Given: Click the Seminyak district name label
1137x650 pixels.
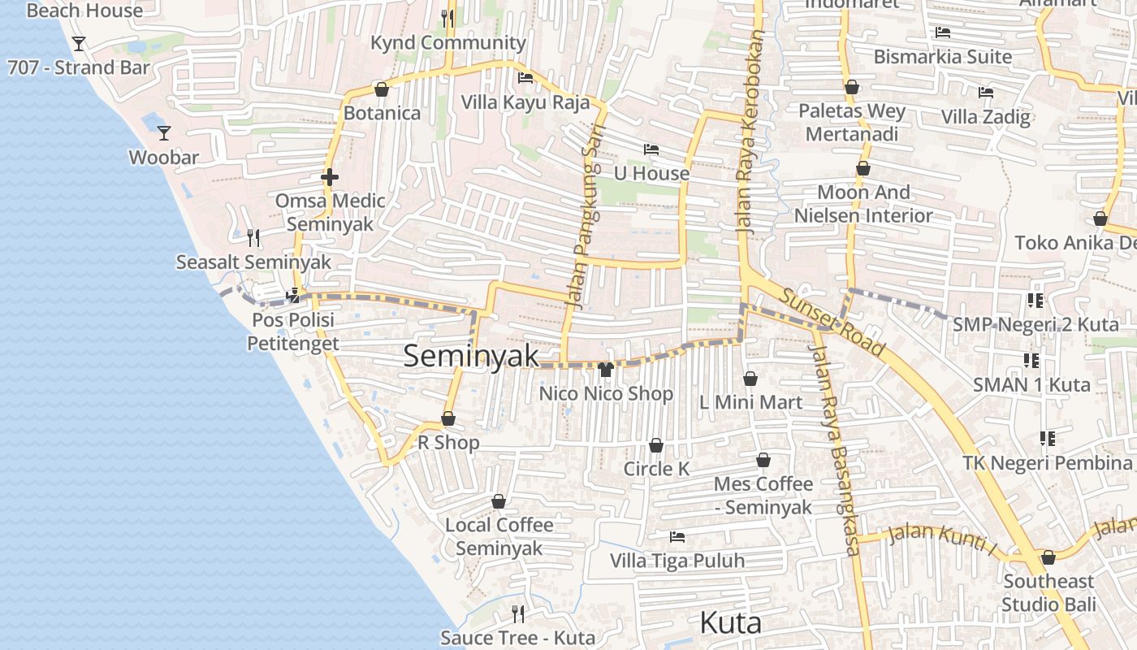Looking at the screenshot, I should click(x=471, y=356).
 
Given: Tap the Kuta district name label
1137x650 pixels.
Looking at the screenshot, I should click(x=730, y=623).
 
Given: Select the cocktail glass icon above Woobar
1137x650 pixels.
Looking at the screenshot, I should click(x=164, y=132).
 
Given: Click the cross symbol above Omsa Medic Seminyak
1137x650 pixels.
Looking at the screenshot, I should click(x=329, y=176).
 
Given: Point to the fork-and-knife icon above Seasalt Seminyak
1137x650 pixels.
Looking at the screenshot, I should click(x=253, y=237).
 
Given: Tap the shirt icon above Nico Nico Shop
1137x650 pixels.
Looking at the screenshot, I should click(x=605, y=370).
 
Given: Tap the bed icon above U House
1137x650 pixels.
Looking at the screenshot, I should click(x=651, y=149).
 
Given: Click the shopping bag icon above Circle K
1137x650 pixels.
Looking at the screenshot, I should click(x=655, y=445).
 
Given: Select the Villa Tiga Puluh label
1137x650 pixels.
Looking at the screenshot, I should click(x=677, y=561).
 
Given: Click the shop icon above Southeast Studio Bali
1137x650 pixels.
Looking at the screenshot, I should click(x=1048, y=557).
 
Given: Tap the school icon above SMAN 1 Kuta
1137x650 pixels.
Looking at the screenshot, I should click(x=1031, y=360).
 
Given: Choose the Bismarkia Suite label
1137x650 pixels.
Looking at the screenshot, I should click(x=943, y=57).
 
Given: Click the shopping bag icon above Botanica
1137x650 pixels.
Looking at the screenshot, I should click(x=381, y=89).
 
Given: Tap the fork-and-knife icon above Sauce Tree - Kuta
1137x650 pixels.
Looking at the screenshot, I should click(x=517, y=613).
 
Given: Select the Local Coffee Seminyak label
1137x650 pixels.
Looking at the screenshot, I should click(x=499, y=536).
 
